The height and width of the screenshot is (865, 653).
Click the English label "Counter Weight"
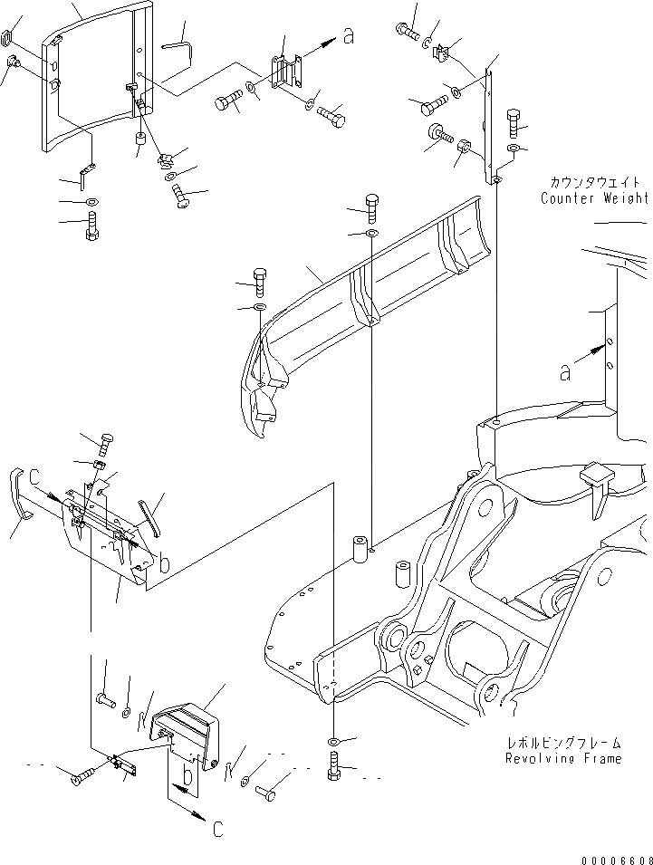[594, 198]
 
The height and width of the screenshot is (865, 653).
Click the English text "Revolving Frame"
[563, 758]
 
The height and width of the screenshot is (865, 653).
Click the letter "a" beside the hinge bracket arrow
[348, 36]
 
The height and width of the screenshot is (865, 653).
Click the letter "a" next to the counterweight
[565, 372]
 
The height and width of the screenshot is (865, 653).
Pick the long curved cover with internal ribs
[362, 290]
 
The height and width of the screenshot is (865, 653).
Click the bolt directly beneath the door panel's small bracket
[91, 226]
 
